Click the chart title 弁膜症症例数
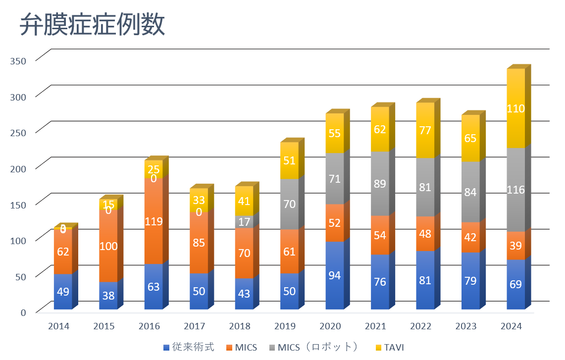[x=92, y=25]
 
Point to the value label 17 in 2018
[x=244, y=222]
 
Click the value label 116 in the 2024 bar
[x=515, y=190]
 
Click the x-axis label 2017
[x=194, y=326]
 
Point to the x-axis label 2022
[x=420, y=326]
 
